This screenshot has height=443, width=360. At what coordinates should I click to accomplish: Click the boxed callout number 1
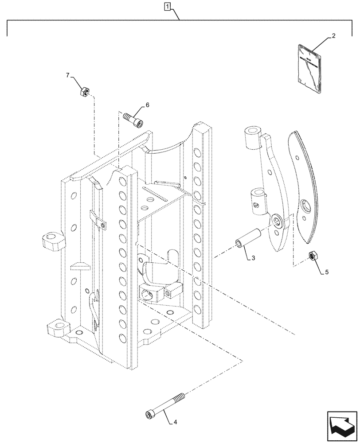(167, 7)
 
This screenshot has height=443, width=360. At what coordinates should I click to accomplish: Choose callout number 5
(327, 272)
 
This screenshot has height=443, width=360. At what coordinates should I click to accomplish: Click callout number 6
(147, 105)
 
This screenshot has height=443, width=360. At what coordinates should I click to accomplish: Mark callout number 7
(68, 76)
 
